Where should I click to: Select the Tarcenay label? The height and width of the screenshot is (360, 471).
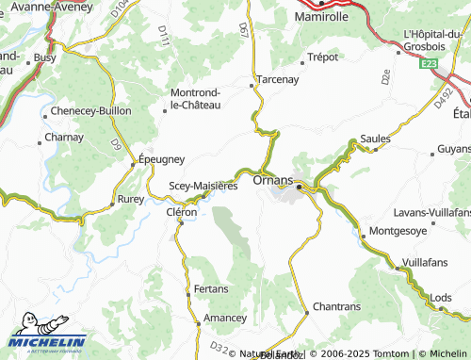tap(277, 80)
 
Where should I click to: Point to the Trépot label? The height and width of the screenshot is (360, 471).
tap(322, 57)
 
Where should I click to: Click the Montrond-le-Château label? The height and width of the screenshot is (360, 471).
tap(195, 99)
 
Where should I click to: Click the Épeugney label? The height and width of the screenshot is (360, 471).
tap(162, 159)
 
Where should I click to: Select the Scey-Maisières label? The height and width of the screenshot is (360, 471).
tap(203, 186)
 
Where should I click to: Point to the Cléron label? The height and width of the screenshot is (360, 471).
tap(182, 213)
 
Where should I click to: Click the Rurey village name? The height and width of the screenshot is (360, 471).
tap(130, 201)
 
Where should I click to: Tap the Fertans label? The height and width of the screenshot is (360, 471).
tap(211, 287)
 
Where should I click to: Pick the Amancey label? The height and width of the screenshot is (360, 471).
tap(225, 319)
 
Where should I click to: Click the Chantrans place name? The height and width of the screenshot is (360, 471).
tap(337, 307)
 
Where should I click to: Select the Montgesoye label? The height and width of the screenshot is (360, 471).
tap(400, 230)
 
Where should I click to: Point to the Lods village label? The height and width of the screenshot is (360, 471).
tap(440, 298)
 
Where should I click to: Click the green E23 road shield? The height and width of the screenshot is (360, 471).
tap(430, 63)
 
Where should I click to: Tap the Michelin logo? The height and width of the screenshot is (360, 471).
tap(47, 343)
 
